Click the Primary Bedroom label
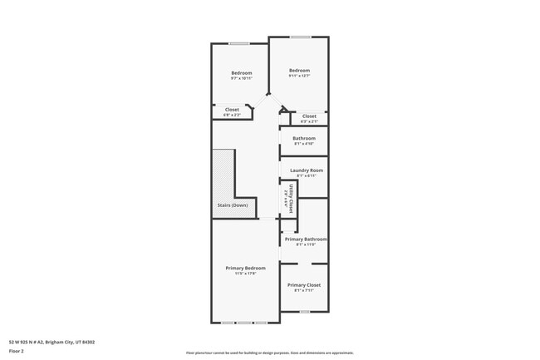click(245, 268)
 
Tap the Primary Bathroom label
click(306, 239)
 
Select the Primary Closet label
click(304, 284)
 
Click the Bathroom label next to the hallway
click(304, 138)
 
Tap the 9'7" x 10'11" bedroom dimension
click(241, 78)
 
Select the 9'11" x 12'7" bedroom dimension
click(300, 76)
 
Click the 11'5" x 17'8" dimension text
click(245, 274)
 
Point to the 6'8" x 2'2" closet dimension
click(232, 115)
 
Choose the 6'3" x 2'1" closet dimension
click(309, 121)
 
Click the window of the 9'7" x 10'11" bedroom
click(239, 43)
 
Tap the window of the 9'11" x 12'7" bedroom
click(300, 37)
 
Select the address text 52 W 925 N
click(52, 341)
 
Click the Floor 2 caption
click(17, 351)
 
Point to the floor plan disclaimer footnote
click(269, 353)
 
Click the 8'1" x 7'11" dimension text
click(304, 290)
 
